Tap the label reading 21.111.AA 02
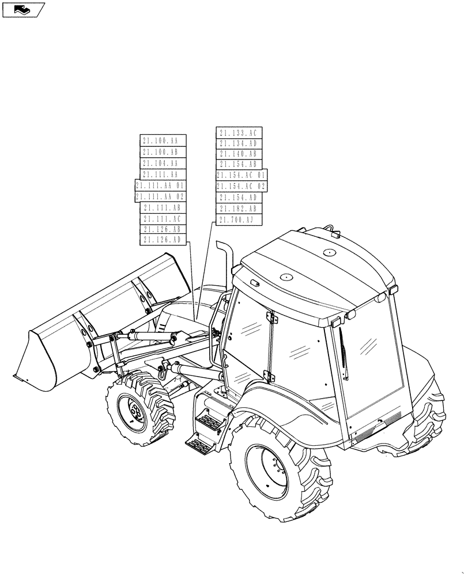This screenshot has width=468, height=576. click(x=160, y=196)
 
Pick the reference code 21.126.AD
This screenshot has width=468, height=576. click(x=163, y=240)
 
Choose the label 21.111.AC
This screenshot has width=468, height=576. click(x=163, y=218)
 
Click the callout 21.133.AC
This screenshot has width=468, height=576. click(x=239, y=133)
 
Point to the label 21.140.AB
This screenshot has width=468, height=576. click(x=239, y=154)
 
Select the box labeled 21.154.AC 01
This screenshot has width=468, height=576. click(x=241, y=175)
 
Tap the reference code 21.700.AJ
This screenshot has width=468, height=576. click(x=239, y=219)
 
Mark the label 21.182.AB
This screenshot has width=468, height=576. click(x=239, y=209)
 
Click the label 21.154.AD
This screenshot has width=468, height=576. click(x=239, y=198)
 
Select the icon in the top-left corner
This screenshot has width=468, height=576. click(x=24, y=9)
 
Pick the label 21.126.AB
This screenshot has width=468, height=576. click(x=163, y=229)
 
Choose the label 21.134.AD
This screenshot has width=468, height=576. click(x=239, y=143)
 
